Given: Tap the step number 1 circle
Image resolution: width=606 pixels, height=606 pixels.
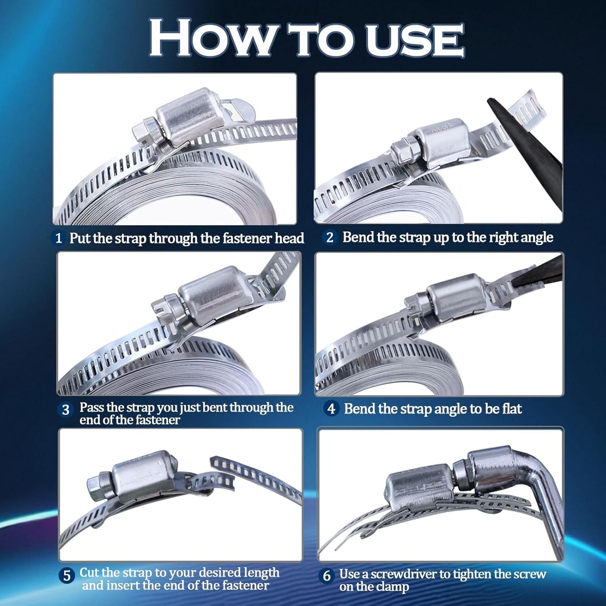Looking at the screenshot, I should coord(59,238).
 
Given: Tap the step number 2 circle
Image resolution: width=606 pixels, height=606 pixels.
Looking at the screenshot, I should coord(330,237).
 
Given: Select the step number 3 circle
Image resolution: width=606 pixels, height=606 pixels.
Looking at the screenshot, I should coord(65,410).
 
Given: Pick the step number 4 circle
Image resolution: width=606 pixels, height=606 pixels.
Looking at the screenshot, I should coord(331,409).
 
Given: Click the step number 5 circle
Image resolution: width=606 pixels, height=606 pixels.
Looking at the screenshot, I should coord(67,575).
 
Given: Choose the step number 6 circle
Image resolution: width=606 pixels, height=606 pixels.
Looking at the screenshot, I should coord(326,576).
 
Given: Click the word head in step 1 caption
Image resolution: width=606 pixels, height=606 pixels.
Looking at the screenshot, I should coord(289,238).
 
